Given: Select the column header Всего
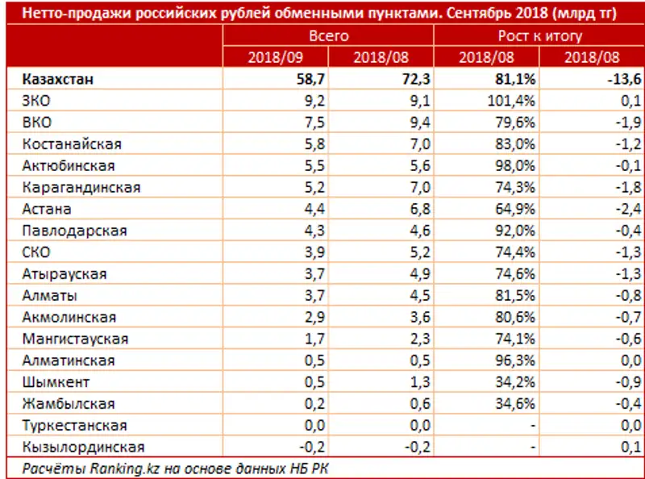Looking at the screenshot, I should click(328, 36).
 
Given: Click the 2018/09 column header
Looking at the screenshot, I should click(276, 57).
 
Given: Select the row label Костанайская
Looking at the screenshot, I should click(73, 144).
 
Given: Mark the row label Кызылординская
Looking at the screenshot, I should click(84, 448).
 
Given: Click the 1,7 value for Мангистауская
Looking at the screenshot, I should click(314, 339).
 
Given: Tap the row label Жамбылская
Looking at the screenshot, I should click(70, 404).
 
